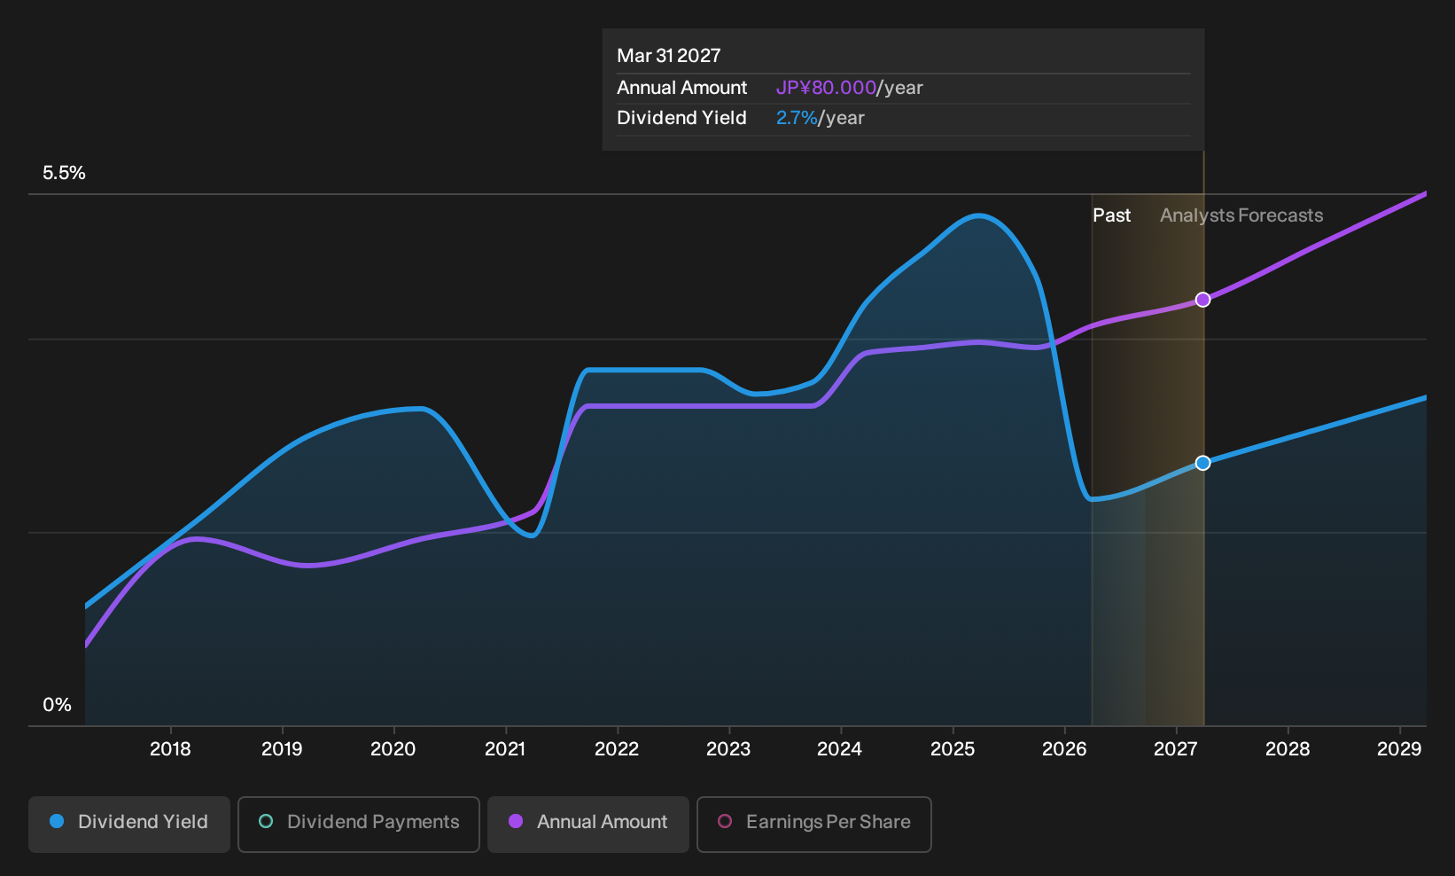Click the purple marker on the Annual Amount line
click(x=1203, y=300)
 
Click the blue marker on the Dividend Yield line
click(x=1203, y=463)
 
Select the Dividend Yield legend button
click(x=129, y=824)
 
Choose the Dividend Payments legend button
click(x=359, y=824)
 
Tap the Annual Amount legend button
click(x=587, y=824)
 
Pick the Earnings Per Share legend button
click(x=813, y=824)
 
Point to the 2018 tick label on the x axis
click(x=170, y=749)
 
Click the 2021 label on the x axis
click(x=505, y=749)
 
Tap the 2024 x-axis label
click(x=840, y=749)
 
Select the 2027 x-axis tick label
click(x=1176, y=749)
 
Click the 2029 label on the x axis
click(x=1400, y=749)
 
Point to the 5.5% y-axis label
click(x=64, y=173)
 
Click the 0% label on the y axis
click(x=58, y=705)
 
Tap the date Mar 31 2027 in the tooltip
click(x=668, y=56)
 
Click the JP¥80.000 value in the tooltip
click(x=826, y=88)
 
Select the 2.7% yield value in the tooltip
click(x=797, y=118)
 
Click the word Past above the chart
click(x=1111, y=215)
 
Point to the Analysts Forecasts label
click(x=1241, y=215)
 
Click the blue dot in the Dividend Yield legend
click(x=58, y=821)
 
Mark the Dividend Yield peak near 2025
click(x=978, y=215)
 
